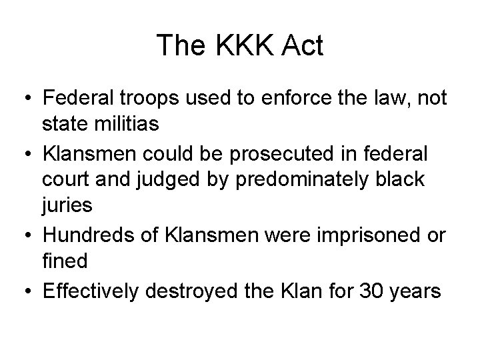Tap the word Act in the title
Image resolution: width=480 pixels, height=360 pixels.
tap(301, 46)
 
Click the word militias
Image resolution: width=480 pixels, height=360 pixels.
tap(139, 125)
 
